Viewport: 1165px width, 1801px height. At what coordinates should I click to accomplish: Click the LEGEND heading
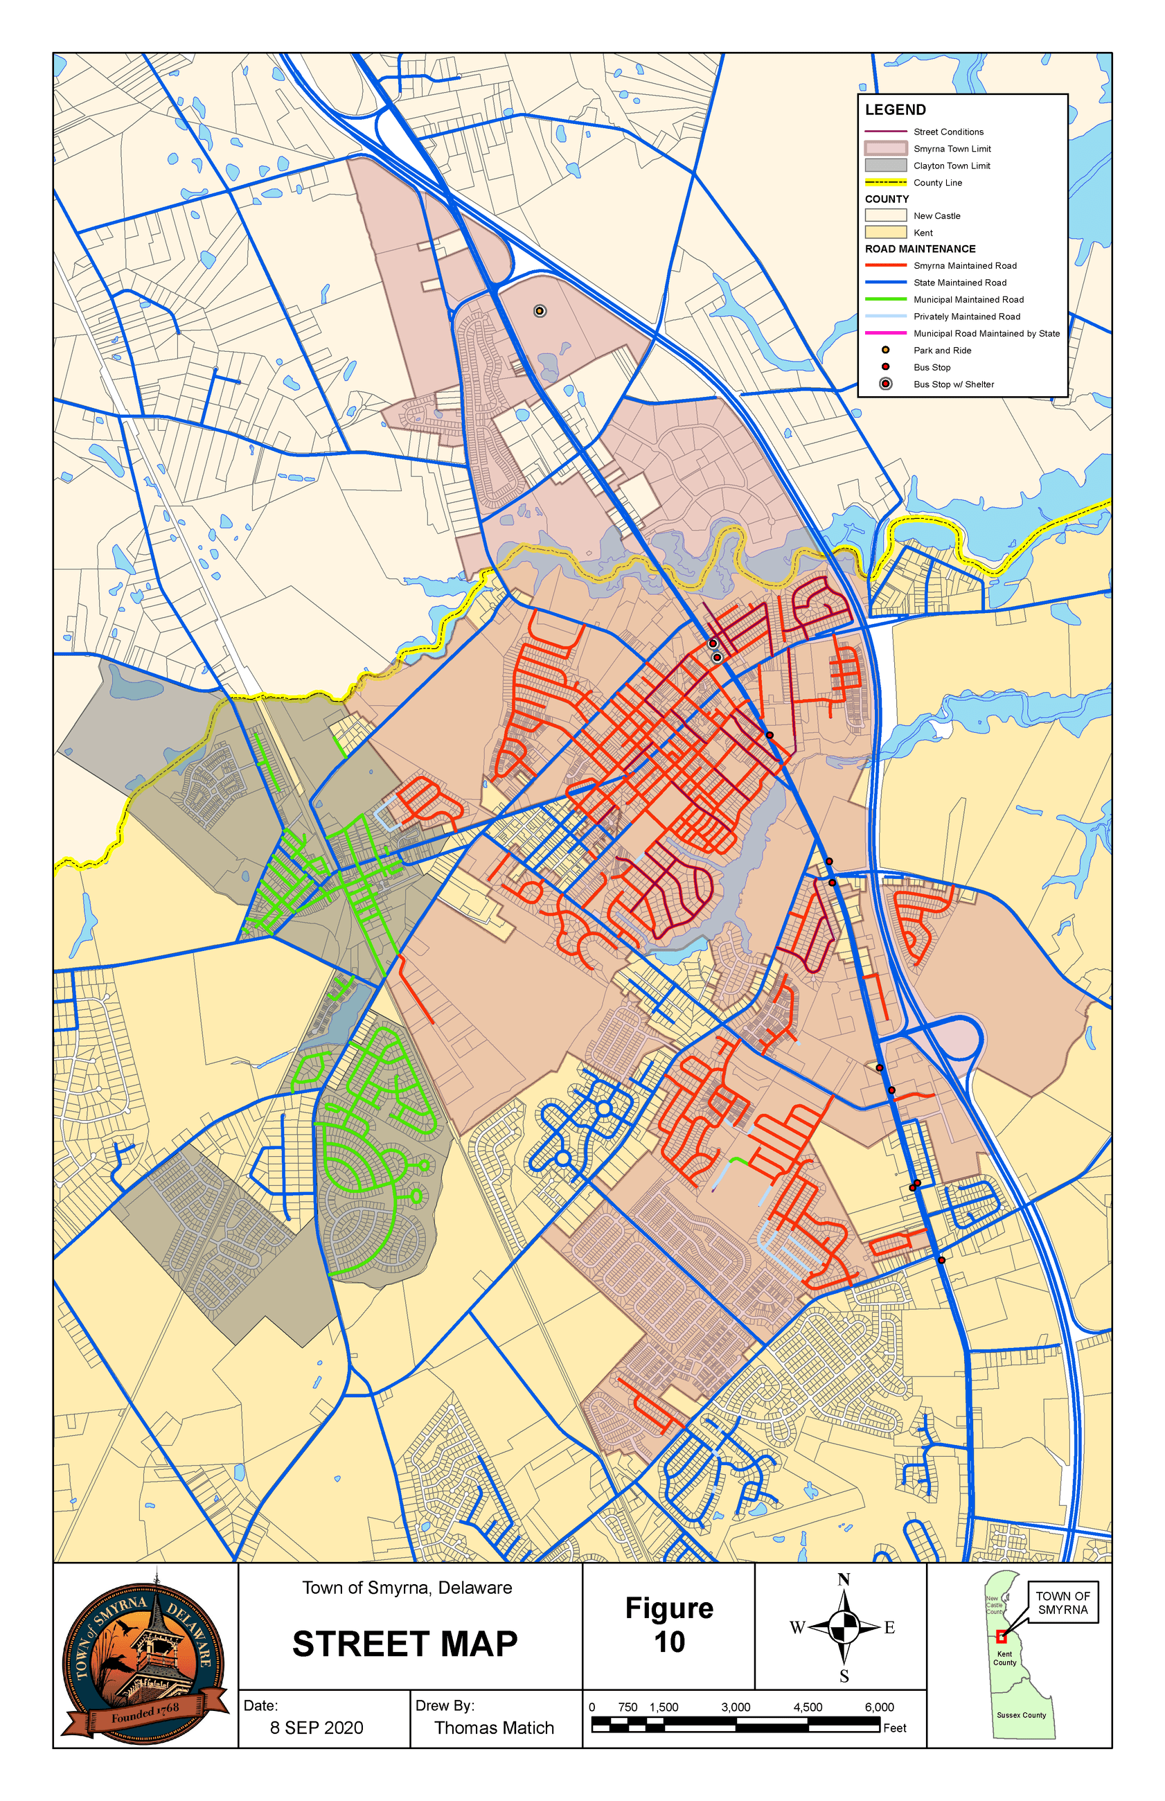[x=895, y=109]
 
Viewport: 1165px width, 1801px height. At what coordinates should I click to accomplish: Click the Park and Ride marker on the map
[x=540, y=311]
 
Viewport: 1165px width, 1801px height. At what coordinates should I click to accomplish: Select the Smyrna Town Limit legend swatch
[x=885, y=148]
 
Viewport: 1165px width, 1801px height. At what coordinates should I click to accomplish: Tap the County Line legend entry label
[x=937, y=182]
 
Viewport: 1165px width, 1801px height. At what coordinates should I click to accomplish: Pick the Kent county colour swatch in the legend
[x=885, y=232]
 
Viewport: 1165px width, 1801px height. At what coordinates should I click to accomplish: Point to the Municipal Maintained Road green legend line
[x=885, y=299]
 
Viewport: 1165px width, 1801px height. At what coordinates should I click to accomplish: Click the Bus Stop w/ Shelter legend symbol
[x=885, y=384]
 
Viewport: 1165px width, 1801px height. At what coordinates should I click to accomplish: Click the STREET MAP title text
[x=404, y=1644]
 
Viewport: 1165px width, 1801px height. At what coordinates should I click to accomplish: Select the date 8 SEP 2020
[x=317, y=1728]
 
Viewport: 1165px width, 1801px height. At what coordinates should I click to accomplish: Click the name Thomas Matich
[x=494, y=1728]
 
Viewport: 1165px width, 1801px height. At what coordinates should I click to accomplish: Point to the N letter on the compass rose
[x=844, y=1579]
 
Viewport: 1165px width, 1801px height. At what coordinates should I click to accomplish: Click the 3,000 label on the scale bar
[x=736, y=1707]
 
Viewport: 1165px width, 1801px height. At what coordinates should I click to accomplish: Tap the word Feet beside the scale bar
[x=894, y=1728]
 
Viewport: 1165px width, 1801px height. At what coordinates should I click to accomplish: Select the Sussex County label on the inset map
[x=1021, y=1715]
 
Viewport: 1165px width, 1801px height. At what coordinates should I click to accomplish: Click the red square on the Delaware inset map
[x=1001, y=1637]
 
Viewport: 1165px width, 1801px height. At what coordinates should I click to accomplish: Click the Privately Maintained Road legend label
[x=966, y=316]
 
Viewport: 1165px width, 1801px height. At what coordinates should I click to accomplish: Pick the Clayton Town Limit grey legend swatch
[x=885, y=165]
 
